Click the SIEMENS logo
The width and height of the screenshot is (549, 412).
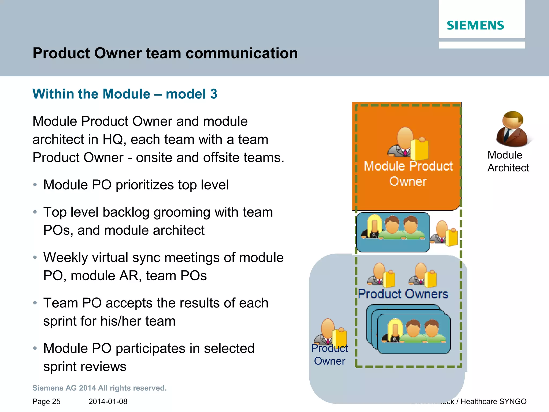click(475, 25)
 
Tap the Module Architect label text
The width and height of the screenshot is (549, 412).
click(508, 161)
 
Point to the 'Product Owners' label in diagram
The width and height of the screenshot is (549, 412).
click(403, 294)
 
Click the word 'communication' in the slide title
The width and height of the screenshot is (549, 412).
click(242, 53)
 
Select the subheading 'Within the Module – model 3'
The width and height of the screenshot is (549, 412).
click(125, 94)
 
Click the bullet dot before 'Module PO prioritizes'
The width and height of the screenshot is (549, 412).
click(35, 185)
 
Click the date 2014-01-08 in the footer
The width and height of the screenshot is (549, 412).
click(108, 402)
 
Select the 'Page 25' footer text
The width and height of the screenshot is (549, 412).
click(46, 402)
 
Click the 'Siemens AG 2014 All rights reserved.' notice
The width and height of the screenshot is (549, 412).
click(99, 388)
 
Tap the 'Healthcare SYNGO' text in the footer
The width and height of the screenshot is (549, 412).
click(493, 402)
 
